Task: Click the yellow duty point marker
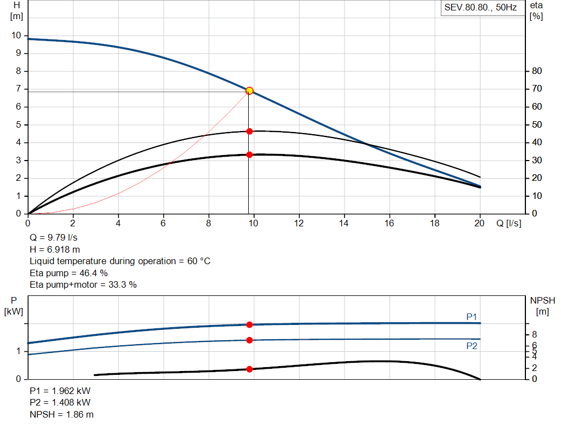(x=249, y=90)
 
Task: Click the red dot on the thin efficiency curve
(x=249, y=131)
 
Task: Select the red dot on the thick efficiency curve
(x=249, y=155)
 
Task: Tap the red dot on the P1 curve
(x=249, y=324)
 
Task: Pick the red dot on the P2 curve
(x=249, y=340)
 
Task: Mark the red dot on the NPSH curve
(x=249, y=369)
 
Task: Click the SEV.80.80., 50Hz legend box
(x=480, y=8)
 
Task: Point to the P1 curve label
(x=472, y=317)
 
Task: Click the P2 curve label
(x=472, y=346)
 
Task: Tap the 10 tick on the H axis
(x=16, y=36)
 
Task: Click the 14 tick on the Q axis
(x=345, y=224)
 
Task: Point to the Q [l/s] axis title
(x=509, y=224)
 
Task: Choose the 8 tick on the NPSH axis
(x=534, y=334)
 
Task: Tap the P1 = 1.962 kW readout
(x=60, y=391)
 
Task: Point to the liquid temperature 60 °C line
(x=120, y=261)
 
